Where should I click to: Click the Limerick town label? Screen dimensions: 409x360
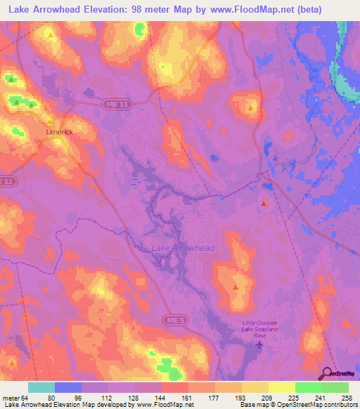coord(60,132)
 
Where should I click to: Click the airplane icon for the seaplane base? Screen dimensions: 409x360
coord(259,344)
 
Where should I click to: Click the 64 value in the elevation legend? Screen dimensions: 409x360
coord(23,398)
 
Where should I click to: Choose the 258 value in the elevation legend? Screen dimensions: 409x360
coord(348,398)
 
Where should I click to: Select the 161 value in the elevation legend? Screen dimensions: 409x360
coord(186,398)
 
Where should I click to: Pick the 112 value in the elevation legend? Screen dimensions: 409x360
coord(105,398)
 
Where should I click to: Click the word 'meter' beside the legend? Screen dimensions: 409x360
coord(10,398)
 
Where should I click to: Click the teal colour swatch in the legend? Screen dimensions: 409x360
coord(41,387)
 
